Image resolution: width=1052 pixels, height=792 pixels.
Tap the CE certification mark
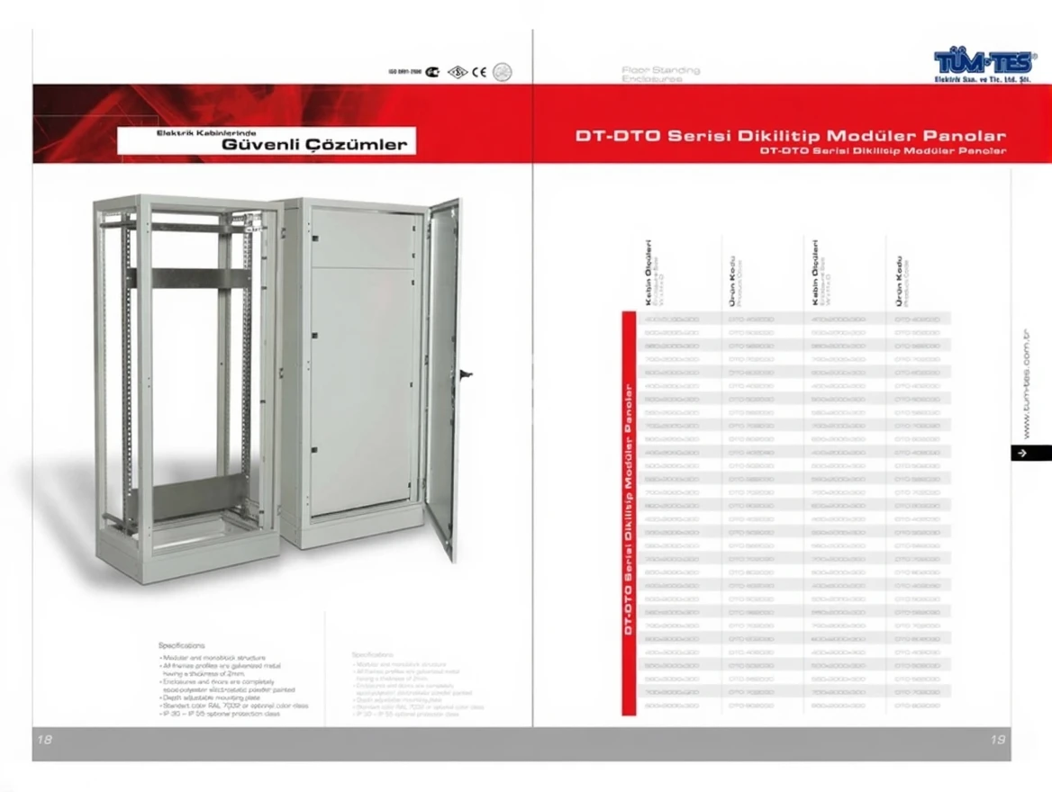pyautogui.click(x=479, y=72)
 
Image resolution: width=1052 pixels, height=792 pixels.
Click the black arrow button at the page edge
pyautogui.click(x=1021, y=454)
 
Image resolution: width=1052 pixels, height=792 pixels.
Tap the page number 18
pyautogui.click(x=44, y=740)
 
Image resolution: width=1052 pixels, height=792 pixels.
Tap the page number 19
pyautogui.click(x=997, y=740)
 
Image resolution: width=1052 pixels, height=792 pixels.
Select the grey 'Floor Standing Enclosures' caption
pyautogui.click(x=660, y=74)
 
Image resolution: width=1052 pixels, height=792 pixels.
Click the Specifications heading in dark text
pyautogui.click(x=181, y=645)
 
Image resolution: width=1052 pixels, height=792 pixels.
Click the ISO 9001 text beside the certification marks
pyautogui.click(x=404, y=72)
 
